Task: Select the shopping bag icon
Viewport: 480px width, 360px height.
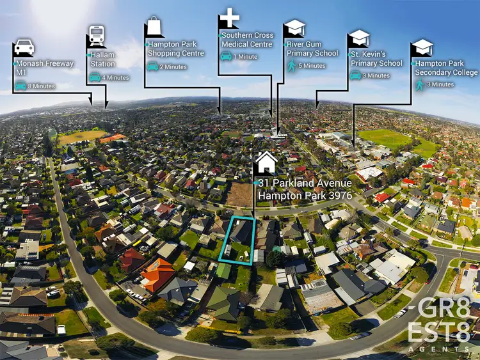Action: click(x=155, y=27)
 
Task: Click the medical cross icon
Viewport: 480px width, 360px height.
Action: click(x=229, y=18)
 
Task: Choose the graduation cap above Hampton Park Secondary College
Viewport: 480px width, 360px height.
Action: click(x=422, y=47)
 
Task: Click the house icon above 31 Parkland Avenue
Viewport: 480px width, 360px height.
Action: click(x=266, y=162)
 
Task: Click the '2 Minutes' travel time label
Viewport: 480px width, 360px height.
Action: click(x=172, y=67)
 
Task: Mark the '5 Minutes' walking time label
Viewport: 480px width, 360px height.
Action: click(x=312, y=66)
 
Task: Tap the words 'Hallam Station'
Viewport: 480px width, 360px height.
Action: click(x=102, y=59)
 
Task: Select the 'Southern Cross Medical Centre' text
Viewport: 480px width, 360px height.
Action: click(x=247, y=40)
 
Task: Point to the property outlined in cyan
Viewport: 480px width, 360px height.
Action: click(x=239, y=240)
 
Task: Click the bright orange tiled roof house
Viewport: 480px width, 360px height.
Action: click(x=156, y=273)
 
